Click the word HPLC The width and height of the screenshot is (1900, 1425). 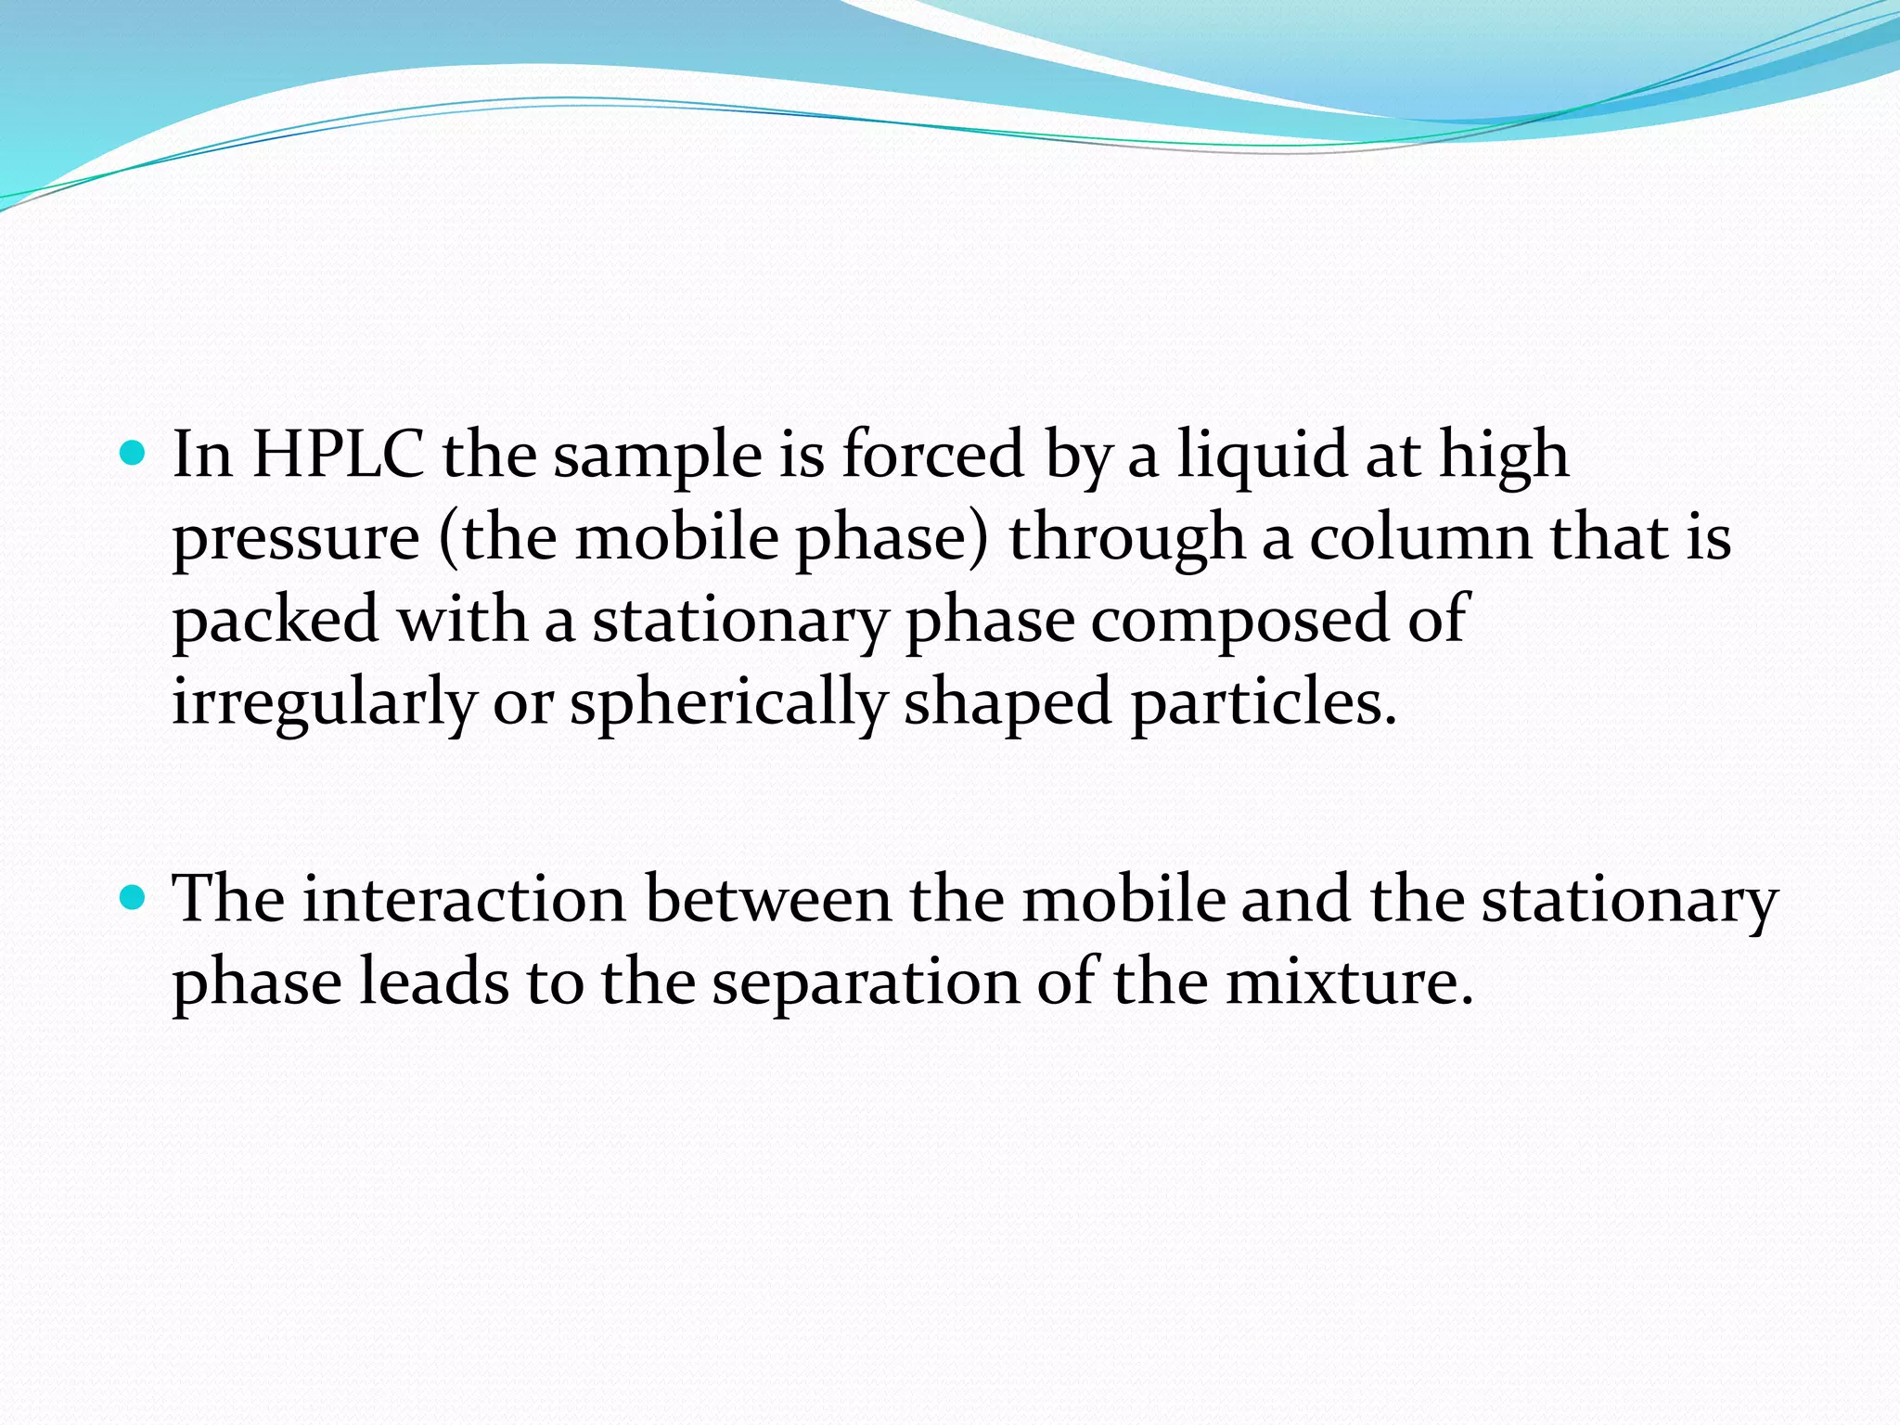tap(338, 455)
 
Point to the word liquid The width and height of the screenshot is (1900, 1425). tap(1262, 456)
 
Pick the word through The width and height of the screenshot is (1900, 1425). tap(1126, 539)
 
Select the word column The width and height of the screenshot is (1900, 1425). tap(1420, 537)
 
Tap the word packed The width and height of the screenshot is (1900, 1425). tap(276, 621)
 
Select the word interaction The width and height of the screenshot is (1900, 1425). tap(465, 899)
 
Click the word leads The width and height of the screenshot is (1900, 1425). tap(434, 982)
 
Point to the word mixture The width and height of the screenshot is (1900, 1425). tap(1350, 982)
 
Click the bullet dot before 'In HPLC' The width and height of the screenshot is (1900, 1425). tap(134, 455)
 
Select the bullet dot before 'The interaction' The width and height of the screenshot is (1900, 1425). tap(134, 898)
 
